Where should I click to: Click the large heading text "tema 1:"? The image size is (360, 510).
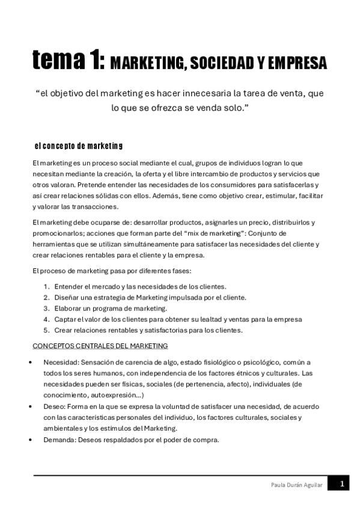[x=68, y=61]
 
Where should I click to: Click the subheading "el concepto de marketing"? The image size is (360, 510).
[x=79, y=146]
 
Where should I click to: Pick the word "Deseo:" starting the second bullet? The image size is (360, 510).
[x=54, y=407]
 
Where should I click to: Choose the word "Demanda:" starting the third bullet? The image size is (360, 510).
[x=58, y=440]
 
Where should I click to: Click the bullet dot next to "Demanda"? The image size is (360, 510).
[x=30, y=440]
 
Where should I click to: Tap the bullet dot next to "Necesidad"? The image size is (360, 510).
[x=30, y=363]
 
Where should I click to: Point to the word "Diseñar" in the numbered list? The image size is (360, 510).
[x=66, y=297]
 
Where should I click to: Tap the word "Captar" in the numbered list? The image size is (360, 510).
[x=65, y=319]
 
